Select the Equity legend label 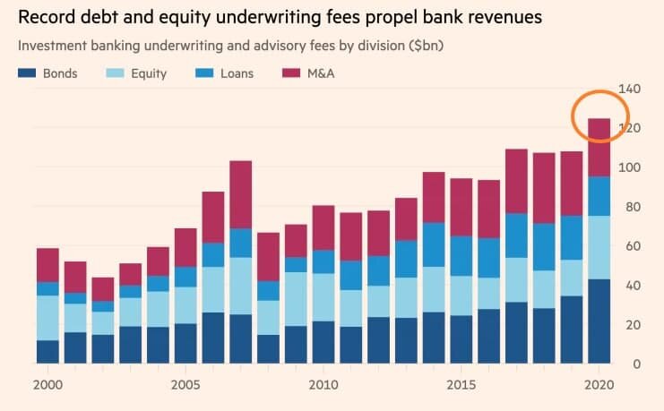point(148,73)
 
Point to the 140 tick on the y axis point(630,89)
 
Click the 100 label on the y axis point(630,167)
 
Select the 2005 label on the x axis point(184,385)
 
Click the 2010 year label point(323,385)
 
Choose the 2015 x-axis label point(461,385)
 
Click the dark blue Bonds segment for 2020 point(599,321)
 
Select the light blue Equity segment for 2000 point(47,318)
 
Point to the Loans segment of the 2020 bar point(599,196)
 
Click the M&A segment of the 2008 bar point(268,257)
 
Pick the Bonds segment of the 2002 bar point(103,349)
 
